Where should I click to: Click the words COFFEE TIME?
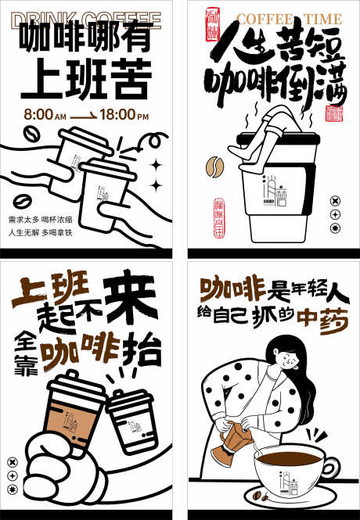[x=289, y=19]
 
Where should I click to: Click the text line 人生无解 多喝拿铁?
[x=40, y=232]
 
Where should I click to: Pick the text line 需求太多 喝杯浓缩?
[x=40, y=219]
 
